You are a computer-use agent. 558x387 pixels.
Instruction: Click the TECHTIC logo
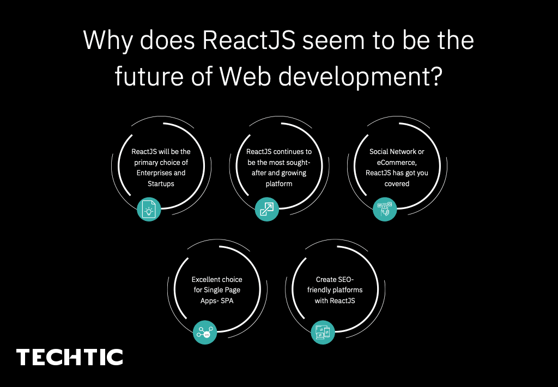(69, 357)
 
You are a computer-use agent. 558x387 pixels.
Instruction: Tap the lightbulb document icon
(149, 209)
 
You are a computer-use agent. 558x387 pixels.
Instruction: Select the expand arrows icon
(267, 209)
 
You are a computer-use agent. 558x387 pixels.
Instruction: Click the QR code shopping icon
(385, 209)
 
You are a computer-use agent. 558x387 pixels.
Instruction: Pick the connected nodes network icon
(205, 331)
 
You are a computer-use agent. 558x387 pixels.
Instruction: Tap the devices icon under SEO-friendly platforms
(323, 331)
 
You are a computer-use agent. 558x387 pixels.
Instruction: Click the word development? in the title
(357, 77)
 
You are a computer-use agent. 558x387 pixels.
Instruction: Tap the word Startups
(161, 184)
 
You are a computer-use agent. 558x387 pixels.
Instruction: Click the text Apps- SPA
(216, 301)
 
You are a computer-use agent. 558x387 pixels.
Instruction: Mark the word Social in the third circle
(379, 151)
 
